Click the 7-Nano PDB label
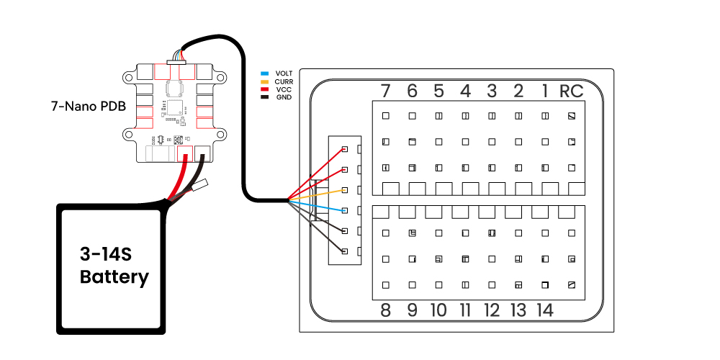(89, 107)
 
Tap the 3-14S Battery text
(114, 266)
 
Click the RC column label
(571, 91)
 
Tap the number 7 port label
(386, 91)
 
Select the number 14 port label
(544, 310)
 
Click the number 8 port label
(386, 310)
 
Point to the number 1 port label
(545, 91)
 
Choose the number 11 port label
(465, 310)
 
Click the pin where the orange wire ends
(345, 190)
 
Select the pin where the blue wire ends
(345, 210)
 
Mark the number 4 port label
(465, 91)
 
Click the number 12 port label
(492, 310)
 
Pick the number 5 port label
(438, 91)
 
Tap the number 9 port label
(412, 310)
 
